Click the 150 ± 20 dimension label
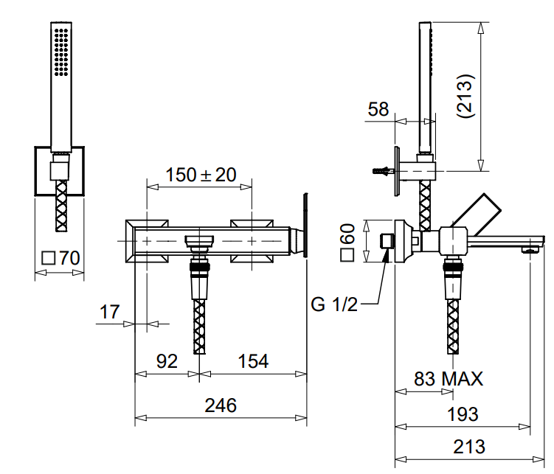[200, 175]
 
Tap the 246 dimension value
[221, 405]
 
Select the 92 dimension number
[167, 361]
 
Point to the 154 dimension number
[252, 361]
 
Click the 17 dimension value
[109, 312]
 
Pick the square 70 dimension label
[60, 258]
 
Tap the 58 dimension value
[378, 110]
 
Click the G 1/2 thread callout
[334, 304]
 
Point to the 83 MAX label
[448, 379]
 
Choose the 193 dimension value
[463, 414]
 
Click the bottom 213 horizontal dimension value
[469, 446]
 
